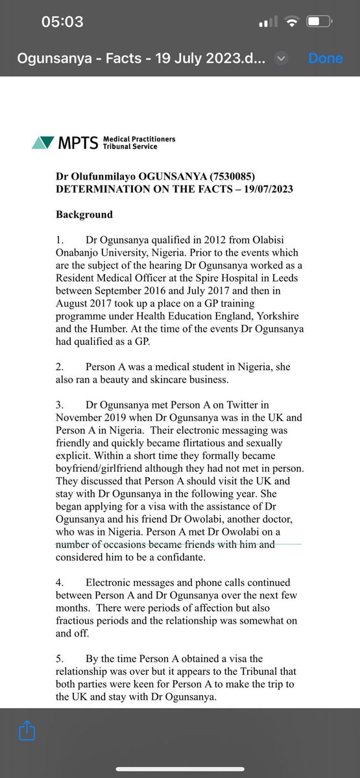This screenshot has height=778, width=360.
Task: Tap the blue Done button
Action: [325, 58]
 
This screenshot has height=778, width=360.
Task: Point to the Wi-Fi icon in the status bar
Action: [292, 22]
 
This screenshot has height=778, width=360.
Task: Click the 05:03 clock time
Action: [62, 22]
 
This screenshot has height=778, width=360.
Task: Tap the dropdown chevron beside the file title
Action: [281, 58]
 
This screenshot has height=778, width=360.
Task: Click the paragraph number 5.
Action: [59, 659]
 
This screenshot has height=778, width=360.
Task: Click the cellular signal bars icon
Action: [267, 23]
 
